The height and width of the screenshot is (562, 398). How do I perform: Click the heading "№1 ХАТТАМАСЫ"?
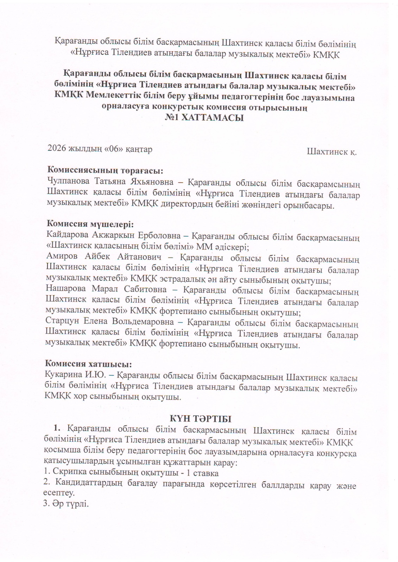[204, 118]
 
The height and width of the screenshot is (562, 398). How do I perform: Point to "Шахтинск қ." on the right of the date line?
[331, 152]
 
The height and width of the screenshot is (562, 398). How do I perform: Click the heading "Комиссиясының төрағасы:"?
[105, 170]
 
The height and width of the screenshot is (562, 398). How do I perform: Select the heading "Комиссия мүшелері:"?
[90, 224]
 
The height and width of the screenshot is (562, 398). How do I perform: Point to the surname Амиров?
[62, 257]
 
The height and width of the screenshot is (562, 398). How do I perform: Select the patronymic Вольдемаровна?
[143, 321]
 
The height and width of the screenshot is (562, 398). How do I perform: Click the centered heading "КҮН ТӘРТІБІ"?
[201, 419]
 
